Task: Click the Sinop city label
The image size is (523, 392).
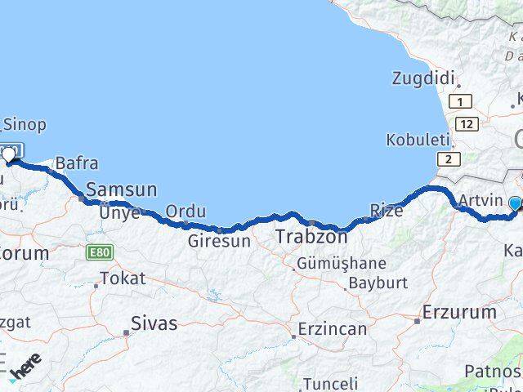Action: [25, 125]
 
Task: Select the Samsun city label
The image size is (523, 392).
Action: [122, 189]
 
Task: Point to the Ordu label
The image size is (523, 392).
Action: [186, 212]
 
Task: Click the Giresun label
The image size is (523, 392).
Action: [218, 241]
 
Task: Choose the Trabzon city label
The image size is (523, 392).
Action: [311, 237]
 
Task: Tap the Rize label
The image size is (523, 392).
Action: [387, 211]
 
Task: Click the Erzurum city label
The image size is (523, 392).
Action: [459, 312]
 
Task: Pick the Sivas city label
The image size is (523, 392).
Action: [154, 323]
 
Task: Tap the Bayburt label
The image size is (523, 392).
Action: [378, 283]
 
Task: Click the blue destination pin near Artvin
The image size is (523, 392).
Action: [516, 205]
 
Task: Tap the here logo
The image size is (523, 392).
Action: [25, 367]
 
